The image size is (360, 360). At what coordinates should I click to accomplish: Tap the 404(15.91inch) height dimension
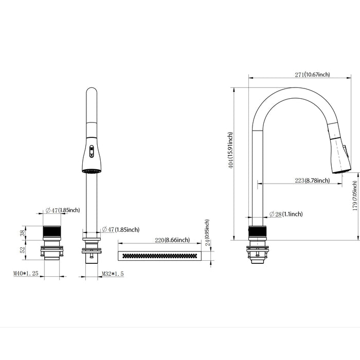click(231, 151)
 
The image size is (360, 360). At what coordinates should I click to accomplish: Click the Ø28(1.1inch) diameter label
click(285, 214)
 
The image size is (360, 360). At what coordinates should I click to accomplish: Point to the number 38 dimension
click(22, 232)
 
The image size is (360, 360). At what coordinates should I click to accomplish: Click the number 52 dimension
click(22, 249)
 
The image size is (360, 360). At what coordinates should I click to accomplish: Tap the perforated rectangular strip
click(159, 256)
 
